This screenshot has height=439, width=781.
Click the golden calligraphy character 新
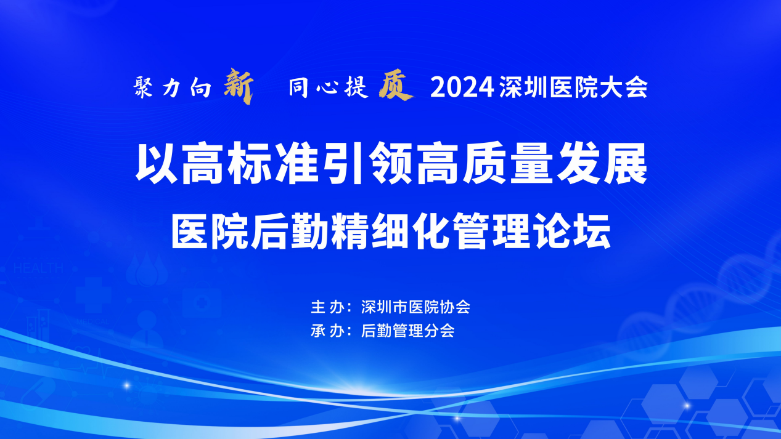click(x=239, y=86)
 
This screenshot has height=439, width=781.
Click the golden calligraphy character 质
click(x=396, y=86)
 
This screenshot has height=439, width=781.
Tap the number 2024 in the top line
click(x=462, y=87)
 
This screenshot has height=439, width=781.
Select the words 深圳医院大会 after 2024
click(x=573, y=87)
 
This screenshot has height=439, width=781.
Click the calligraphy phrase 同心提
click(x=328, y=87)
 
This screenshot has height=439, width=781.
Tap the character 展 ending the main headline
click(x=626, y=163)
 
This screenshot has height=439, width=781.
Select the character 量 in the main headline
click(x=532, y=163)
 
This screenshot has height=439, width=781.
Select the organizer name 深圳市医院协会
click(x=415, y=307)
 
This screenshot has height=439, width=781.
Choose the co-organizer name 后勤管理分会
click(x=407, y=331)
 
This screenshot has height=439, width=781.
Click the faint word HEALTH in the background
click(x=38, y=268)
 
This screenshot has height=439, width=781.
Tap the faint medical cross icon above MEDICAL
click(x=94, y=294)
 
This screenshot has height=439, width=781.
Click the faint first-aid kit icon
click(x=202, y=300)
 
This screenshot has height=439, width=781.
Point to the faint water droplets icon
click(x=147, y=269)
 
